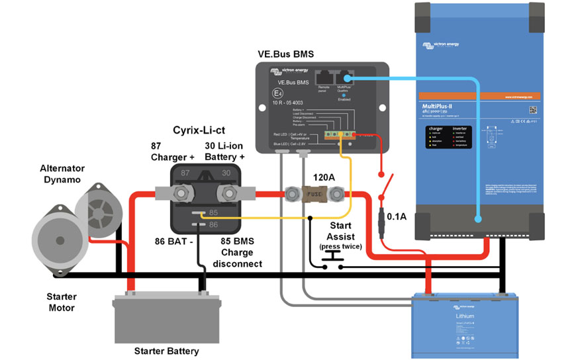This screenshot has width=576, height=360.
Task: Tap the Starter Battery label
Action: (166, 351)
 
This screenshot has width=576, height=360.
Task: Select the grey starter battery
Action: (166, 318)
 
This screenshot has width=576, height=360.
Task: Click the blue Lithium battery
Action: (463, 324)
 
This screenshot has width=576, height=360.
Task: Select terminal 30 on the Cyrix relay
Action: (228, 193)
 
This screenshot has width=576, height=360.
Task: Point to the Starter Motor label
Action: (61, 302)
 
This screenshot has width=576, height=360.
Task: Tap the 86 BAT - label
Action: (173, 242)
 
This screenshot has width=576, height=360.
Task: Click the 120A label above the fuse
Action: (324, 177)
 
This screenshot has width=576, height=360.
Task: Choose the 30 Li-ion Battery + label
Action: (224, 152)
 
